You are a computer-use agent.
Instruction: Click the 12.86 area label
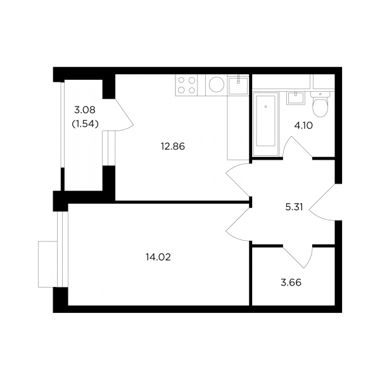point(173,147)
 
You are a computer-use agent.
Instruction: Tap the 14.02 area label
point(158,257)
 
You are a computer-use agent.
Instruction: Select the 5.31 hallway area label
point(294,207)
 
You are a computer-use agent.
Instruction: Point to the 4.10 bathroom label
point(303,125)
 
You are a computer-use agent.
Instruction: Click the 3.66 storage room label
point(291,282)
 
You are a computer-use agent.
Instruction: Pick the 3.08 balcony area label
point(85,110)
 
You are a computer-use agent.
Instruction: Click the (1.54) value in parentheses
point(85,124)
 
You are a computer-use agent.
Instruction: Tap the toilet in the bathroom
point(320,104)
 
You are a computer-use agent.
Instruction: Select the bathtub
point(265,124)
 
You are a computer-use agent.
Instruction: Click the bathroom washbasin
point(296,98)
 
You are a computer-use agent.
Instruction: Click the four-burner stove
point(187,85)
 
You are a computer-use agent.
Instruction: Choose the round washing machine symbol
point(217,85)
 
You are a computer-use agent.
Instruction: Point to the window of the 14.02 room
point(63,250)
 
